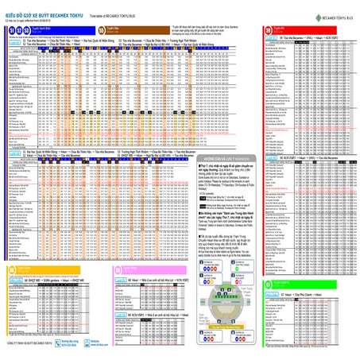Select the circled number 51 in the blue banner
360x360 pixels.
click(x=10, y=27)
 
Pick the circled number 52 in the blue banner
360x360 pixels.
click(x=19, y=27)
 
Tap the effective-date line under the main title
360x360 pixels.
click(x=27, y=17)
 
